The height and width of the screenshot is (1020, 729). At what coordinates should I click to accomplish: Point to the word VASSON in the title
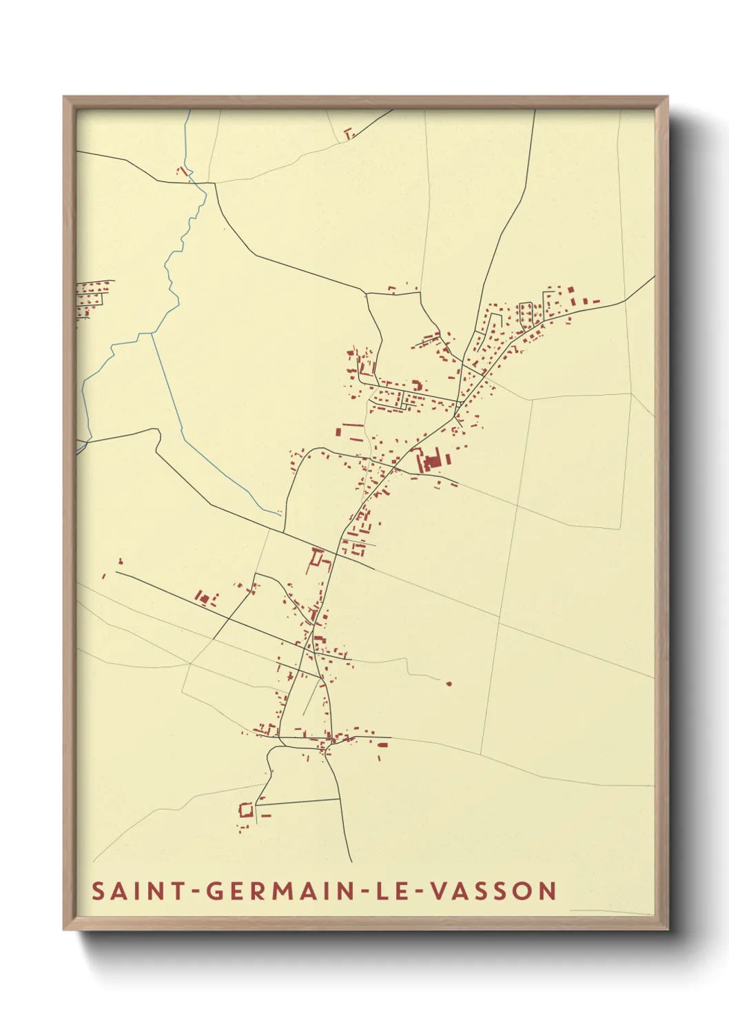pos(493,891)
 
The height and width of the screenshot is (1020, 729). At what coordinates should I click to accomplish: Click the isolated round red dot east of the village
pos(449,684)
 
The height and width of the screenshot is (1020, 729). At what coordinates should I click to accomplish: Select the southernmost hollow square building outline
pos(245,810)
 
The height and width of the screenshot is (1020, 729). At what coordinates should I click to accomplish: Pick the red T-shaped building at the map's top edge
pos(349,132)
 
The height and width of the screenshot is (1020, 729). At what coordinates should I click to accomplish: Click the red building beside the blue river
pos(183,170)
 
